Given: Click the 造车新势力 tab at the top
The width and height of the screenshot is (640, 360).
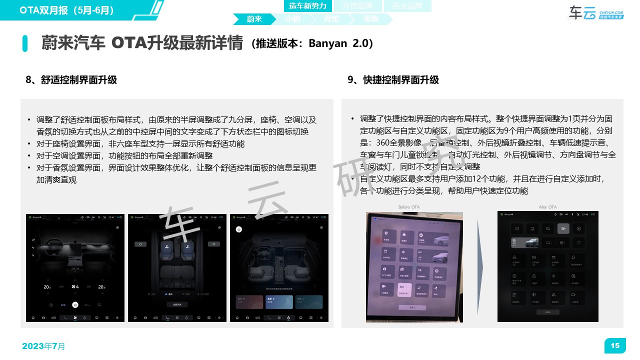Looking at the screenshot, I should tap(307, 6).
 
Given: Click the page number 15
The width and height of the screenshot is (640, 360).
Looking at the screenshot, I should tap(615, 345).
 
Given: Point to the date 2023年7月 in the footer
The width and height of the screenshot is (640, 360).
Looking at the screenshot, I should tap(43, 346).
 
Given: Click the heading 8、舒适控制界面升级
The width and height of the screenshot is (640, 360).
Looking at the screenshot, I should tap(71, 80).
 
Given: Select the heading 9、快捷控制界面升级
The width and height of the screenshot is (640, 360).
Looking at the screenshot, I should tap(393, 80).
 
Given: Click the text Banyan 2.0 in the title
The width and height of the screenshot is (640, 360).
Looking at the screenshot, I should tap(340, 43).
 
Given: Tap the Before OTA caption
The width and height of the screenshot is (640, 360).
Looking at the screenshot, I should tap(409, 207).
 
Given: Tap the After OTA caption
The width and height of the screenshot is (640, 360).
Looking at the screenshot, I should tap(547, 207).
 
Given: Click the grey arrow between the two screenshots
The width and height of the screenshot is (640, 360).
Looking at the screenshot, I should tap(479, 266).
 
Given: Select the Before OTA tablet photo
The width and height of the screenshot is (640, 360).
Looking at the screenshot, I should tap(414, 267).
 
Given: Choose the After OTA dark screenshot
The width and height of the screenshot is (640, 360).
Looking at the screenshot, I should tap(547, 266).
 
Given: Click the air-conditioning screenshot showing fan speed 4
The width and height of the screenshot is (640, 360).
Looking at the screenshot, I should tap(75, 268).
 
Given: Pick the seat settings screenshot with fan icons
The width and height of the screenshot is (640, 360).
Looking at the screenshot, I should tap(177, 268).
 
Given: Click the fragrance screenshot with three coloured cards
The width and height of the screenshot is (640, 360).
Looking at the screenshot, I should tap(279, 268).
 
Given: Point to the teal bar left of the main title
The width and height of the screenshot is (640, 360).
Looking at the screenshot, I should tap(25, 43).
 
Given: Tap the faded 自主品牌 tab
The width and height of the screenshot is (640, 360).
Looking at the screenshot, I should tap(407, 6).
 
